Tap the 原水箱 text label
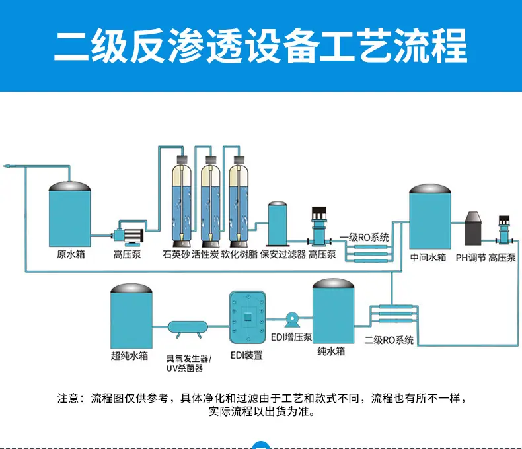71,254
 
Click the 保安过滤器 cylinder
278,223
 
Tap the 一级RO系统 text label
364,237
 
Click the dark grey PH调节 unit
473,229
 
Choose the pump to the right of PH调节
504,231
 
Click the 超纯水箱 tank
131,316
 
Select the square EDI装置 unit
247,318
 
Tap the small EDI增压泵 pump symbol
292,320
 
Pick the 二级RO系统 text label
389,340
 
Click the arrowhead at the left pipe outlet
6,166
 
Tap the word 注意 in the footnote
68,398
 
